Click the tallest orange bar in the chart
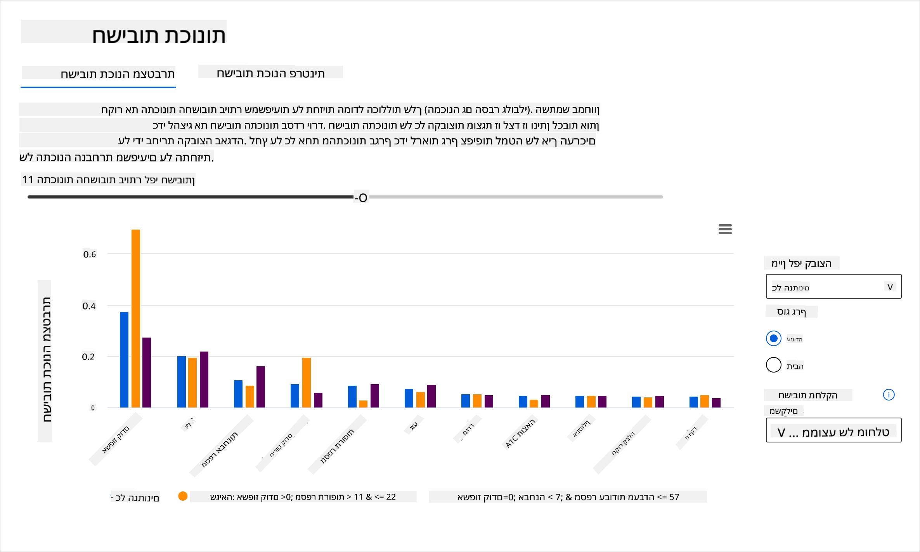point(136,318)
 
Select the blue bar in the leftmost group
point(124,359)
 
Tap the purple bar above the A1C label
point(546,401)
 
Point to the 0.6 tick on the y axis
point(90,254)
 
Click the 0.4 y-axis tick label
point(89,306)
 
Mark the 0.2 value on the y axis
point(88,357)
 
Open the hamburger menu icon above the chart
point(725,229)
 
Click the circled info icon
point(889,395)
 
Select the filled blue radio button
point(773,338)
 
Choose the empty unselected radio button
point(773,365)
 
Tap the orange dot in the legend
point(183,496)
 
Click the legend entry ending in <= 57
point(568,497)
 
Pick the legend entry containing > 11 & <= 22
point(303,497)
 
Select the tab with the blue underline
point(98,74)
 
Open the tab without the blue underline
point(270,73)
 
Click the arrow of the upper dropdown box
point(890,287)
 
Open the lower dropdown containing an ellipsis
point(833,431)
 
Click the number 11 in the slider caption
point(28,179)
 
